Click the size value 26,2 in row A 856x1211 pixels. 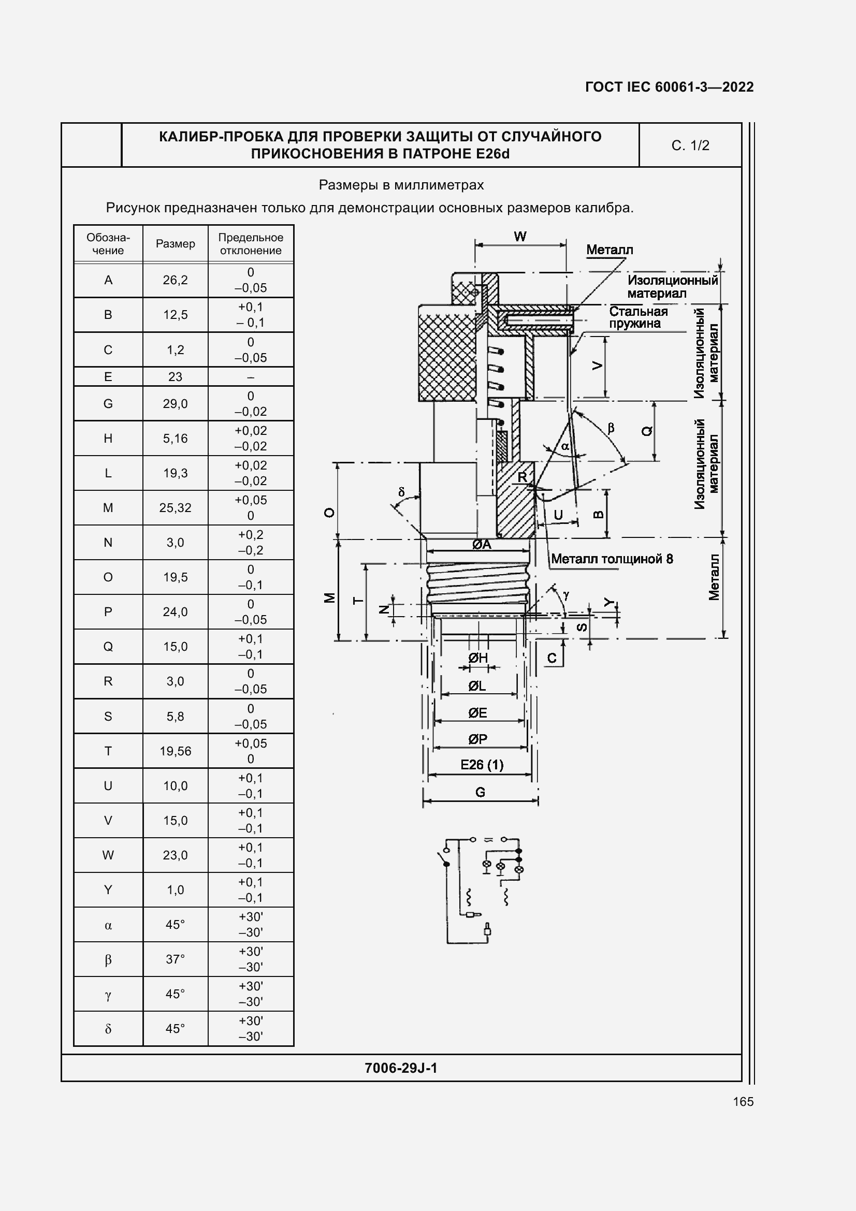coord(175,280)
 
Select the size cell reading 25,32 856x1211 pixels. coord(175,508)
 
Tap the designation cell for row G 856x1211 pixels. coord(108,404)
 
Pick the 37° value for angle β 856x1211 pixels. coord(175,959)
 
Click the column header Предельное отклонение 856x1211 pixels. coord(251,244)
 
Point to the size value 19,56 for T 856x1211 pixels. coord(175,751)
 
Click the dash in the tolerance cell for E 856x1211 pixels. coord(251,377)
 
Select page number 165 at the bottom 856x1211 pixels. coord(743,1101)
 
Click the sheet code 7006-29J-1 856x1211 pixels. coord(401,1068)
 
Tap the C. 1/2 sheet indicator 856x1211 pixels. coord(690,145)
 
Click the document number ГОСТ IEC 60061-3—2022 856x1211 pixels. coord(669,87)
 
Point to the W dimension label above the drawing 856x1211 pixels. coord(520,237)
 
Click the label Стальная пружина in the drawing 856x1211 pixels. coord(638,317)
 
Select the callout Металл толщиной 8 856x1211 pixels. coord(612,559)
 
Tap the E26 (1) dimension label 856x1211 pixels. coord(482,765)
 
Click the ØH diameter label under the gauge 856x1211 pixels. coord(478,658)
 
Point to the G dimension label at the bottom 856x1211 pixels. coord(480,792)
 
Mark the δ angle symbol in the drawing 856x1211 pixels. coord(401,492)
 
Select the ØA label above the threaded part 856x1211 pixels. coord(482,544)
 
